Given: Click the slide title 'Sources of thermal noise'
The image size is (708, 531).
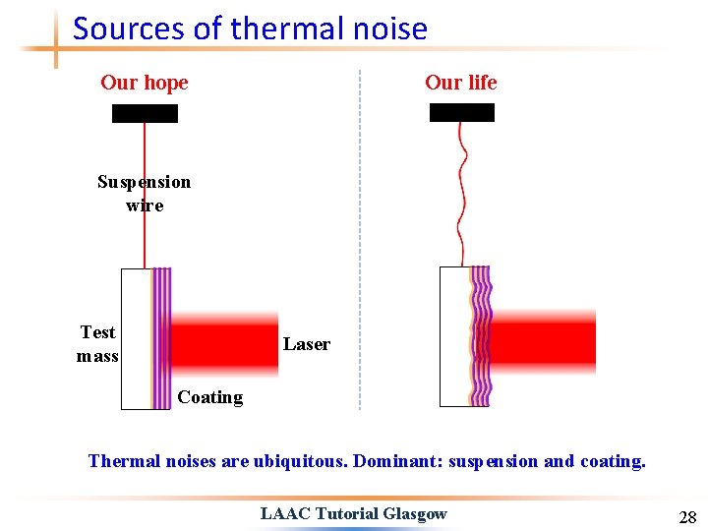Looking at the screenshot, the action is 250,29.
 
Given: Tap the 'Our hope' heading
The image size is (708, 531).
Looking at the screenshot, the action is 144,83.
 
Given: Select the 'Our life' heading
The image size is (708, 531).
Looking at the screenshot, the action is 460,83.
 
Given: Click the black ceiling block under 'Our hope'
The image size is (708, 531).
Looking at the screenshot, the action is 145,113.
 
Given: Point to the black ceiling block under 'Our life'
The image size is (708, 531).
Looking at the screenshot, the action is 462,112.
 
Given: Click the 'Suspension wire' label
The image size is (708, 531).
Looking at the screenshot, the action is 144,194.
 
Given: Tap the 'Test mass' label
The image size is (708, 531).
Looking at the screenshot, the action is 97,344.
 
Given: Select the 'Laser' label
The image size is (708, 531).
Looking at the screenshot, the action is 306,344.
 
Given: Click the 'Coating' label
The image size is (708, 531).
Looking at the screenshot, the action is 209,397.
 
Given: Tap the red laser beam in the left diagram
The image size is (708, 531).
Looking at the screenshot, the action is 226,344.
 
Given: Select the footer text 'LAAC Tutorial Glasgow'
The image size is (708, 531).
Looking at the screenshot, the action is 353,513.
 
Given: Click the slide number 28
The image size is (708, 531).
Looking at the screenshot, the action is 686,517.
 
